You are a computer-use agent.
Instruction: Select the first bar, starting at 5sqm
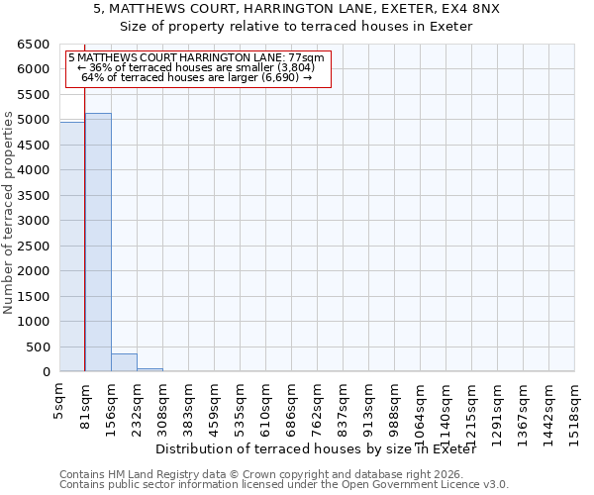72,247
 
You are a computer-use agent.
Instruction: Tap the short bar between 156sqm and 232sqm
124,362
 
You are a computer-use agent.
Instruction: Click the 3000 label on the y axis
33,221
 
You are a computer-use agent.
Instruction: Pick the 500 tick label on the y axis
38,347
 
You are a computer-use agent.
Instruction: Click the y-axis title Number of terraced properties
10,213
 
